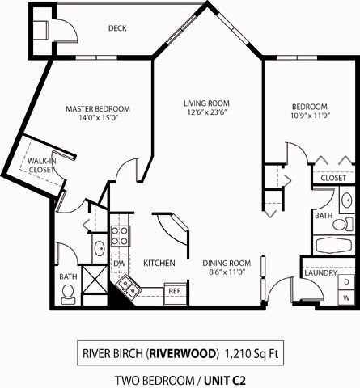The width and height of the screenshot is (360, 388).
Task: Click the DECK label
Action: click(x=117, y=28)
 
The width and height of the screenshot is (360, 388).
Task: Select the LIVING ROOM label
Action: click(x=206, y=103)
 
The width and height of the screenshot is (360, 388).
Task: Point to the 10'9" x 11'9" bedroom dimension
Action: click(x=309, y=118)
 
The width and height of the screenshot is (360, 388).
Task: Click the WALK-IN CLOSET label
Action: click(x=41, y=166)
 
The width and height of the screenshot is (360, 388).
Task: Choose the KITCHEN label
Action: click(x=160, y=264)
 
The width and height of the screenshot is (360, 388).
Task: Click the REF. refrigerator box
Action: click(x=174, y=290)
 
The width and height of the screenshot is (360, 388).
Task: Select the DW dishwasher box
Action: click(x=119, y=264)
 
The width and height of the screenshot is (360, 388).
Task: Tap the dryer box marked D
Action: click(x=346, y=281)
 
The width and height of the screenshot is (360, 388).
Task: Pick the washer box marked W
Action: click(x=346, y=297)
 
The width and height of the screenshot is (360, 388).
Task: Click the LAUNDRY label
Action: click(x=320, y=273)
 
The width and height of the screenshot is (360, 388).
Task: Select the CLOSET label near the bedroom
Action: click(x=333, y=178)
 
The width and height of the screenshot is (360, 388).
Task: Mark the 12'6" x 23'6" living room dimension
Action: click(x=206, y=114)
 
